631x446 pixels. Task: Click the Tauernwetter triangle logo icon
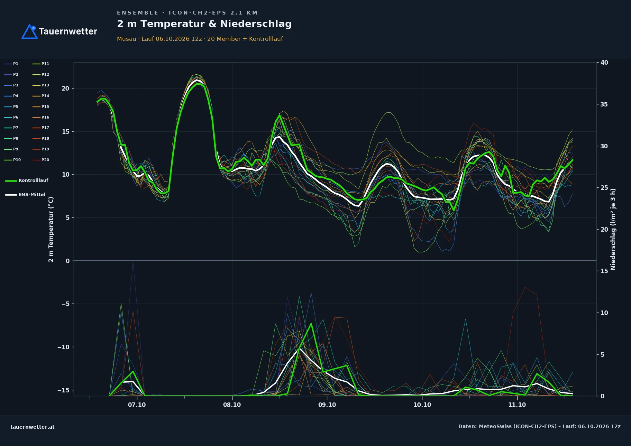coord(29,31)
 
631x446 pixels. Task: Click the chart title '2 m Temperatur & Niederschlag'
coord(204,24)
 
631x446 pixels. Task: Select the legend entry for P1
coord(11,64)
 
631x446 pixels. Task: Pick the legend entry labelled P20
coord(41,160)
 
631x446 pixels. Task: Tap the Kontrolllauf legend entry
coord(27,180)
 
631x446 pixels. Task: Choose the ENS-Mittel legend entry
coord(25,195)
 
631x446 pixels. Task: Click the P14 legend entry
coord(41,96)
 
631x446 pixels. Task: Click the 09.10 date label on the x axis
coord(327,405)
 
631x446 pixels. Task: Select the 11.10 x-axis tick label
coord(517,405)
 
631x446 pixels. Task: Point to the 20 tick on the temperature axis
coord(65,89)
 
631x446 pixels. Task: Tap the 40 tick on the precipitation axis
coord(604,63)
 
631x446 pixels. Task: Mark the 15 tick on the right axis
coord(604,271)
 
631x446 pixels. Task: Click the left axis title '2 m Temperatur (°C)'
coord(51,230)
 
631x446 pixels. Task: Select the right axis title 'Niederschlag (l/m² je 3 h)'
coord(613,229)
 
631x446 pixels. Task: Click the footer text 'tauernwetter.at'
coord(33,427)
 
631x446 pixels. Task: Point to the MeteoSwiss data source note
coord(539,426)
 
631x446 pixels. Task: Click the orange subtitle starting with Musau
coord(200,39)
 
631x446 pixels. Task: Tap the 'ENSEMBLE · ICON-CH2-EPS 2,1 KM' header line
coord(187,13)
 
